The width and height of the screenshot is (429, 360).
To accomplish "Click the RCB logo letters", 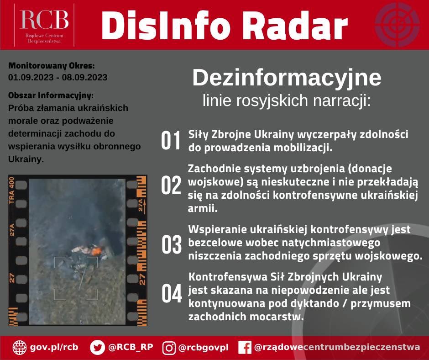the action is [x=44, y=20].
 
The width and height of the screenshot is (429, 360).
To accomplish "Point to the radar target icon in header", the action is [x=397, y=25].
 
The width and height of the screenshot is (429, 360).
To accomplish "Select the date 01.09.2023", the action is [x=31, y=77].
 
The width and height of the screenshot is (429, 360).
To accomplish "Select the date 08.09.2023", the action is [x=84, y=77].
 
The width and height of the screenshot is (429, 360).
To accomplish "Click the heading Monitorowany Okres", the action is [x=52, y=66].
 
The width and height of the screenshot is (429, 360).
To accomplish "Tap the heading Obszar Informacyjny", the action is [x=51, y=95].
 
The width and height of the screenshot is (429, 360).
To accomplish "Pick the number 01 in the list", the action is [x=171, y=140].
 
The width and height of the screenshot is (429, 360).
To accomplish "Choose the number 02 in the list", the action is [x=171, y=185].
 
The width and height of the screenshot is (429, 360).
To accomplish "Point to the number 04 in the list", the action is [x=172, y=293].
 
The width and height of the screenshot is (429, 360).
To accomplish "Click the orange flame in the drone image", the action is [x=96, y=251].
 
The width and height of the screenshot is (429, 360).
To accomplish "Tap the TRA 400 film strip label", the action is [x=11, y=191].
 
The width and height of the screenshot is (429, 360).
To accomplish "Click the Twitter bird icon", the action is [x=97, y=347].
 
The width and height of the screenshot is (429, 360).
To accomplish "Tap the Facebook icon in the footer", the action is [x=245, y=347].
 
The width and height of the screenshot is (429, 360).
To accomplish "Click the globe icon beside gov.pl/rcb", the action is [x=20, y=347].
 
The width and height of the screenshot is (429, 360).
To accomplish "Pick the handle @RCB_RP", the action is [x=131, y=347].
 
